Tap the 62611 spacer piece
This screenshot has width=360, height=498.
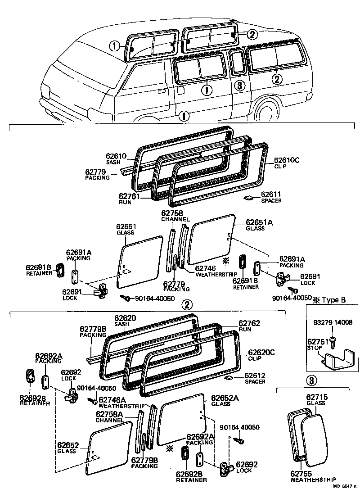coord(248,197)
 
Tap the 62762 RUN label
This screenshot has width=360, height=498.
coord(249,326)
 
